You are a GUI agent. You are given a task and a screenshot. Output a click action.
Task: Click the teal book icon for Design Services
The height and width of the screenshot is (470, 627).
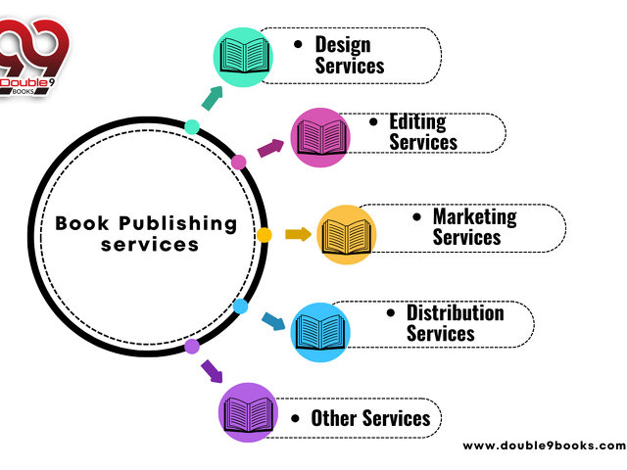tap(243, 55)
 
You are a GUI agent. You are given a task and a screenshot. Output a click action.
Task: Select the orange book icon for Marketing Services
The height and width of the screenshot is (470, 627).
tap(347, 234)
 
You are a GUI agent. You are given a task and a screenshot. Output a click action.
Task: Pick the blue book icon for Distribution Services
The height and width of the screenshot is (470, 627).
tap(319, 332)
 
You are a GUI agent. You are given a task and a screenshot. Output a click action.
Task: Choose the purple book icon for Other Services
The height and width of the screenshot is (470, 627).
tap(247, 411)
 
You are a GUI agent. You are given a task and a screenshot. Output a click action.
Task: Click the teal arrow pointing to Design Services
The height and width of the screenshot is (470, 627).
tap(213, 96)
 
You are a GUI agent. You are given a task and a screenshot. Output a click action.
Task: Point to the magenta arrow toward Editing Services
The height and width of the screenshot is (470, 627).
tap(270, 148)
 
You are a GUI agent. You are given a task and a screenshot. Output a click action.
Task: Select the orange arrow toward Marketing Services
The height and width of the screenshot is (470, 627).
tap(298, 234)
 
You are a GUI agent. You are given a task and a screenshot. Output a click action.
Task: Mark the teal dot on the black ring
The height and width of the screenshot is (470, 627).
tap(192, 126)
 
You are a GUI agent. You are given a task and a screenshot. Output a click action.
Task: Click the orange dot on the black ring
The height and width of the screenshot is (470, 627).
tap(264, 235)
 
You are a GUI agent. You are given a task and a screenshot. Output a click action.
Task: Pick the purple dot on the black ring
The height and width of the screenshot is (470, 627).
tap(192, 346)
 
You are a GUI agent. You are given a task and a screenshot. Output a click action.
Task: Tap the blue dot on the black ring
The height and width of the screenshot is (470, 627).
tap(241, 306)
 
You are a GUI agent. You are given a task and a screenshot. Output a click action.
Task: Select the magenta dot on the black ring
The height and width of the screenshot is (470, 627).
tap(238, 162)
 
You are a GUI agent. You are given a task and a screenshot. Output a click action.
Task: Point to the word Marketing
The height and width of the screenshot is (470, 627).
tap(474, 216)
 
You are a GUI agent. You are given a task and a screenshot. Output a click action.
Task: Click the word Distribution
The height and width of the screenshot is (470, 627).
tap(455, 313)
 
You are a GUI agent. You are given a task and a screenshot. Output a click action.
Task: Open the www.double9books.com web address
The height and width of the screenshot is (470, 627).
tap(543, 446)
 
